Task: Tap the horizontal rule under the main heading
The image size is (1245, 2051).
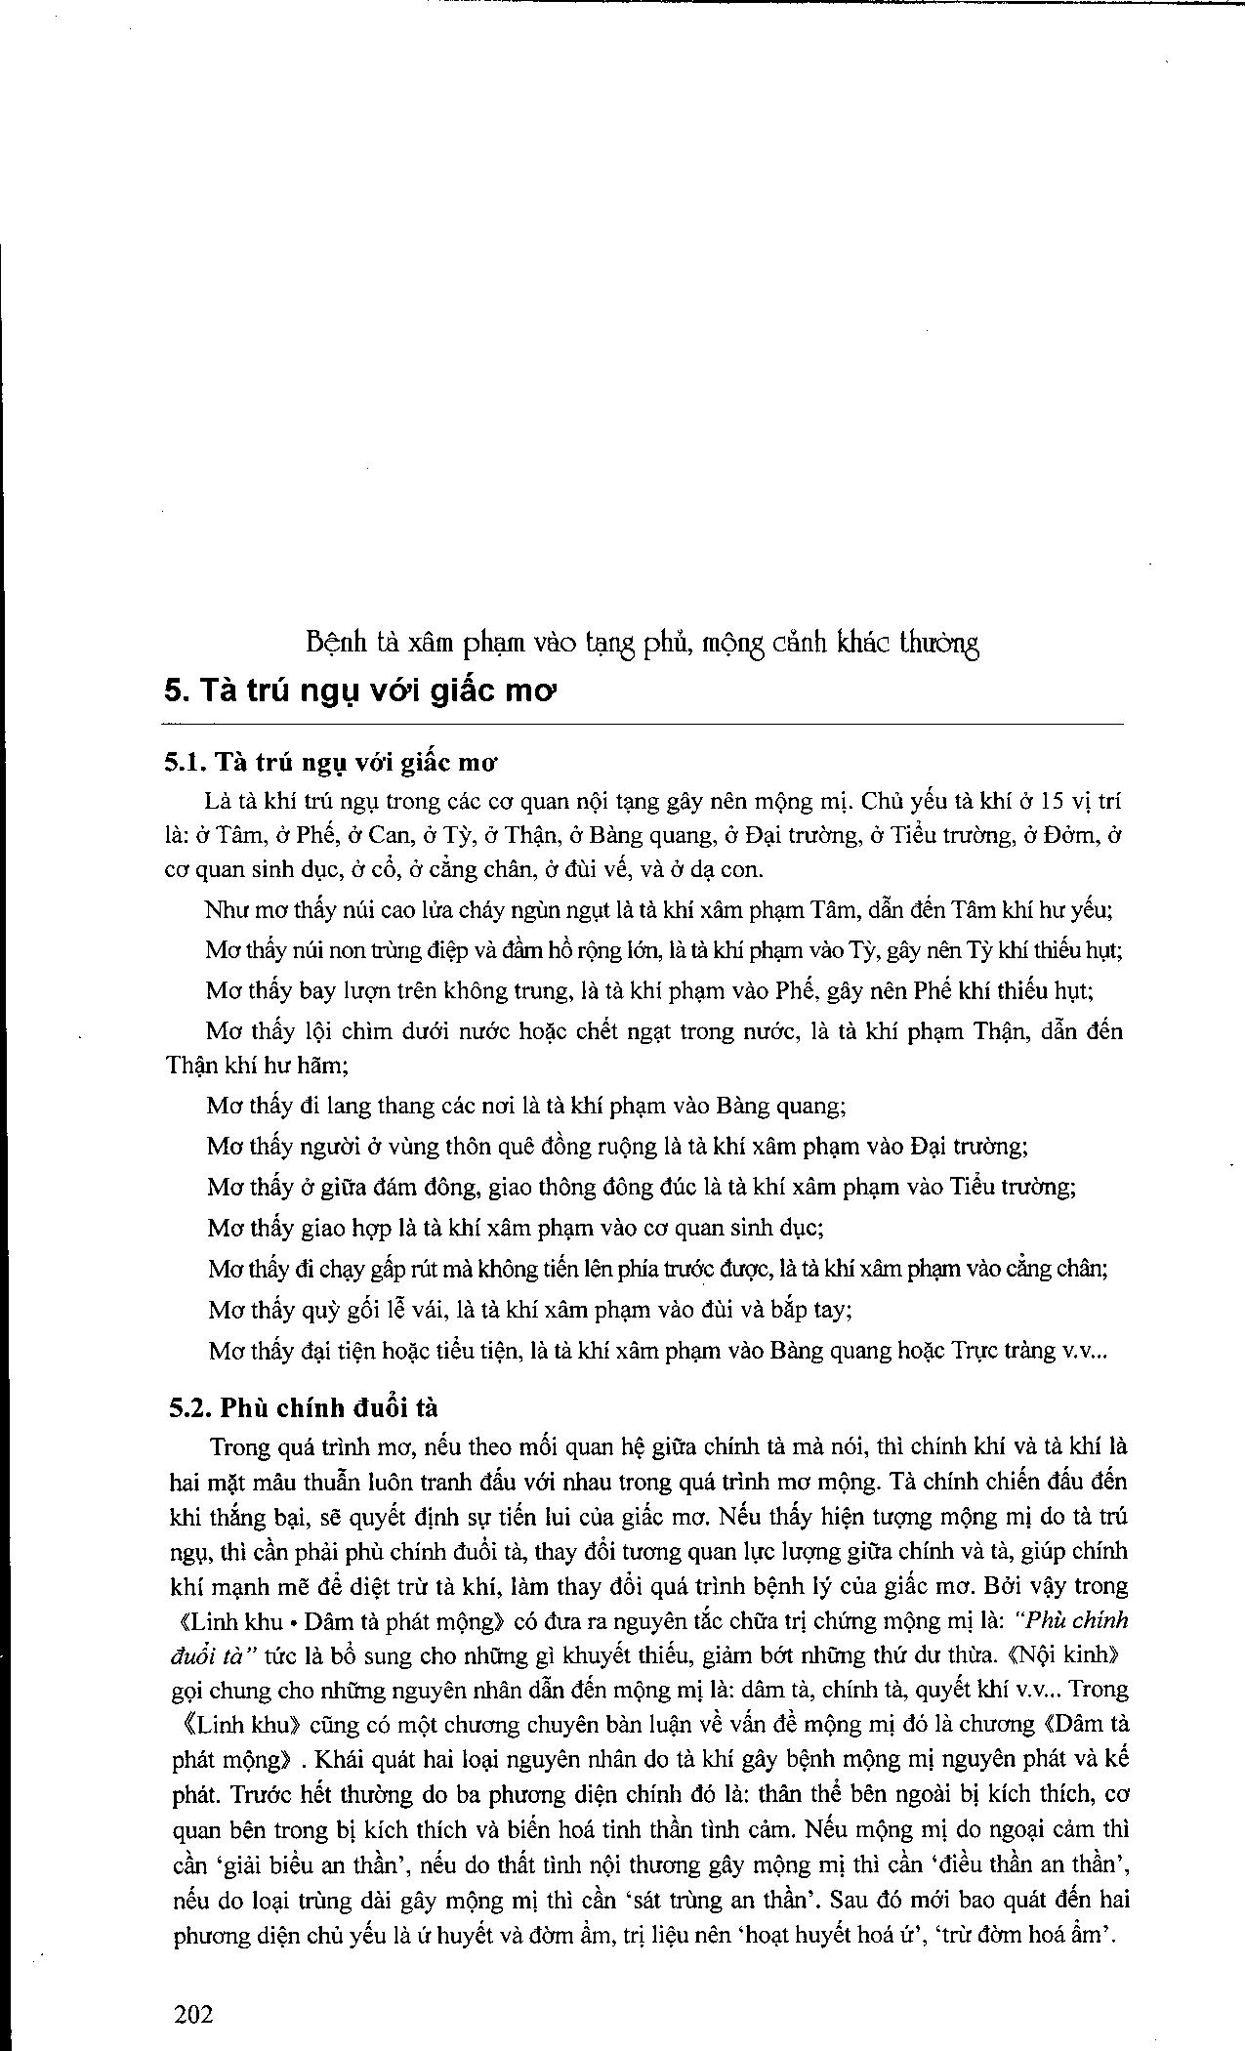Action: click(644, 724)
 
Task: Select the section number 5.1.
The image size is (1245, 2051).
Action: click(186, 763)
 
